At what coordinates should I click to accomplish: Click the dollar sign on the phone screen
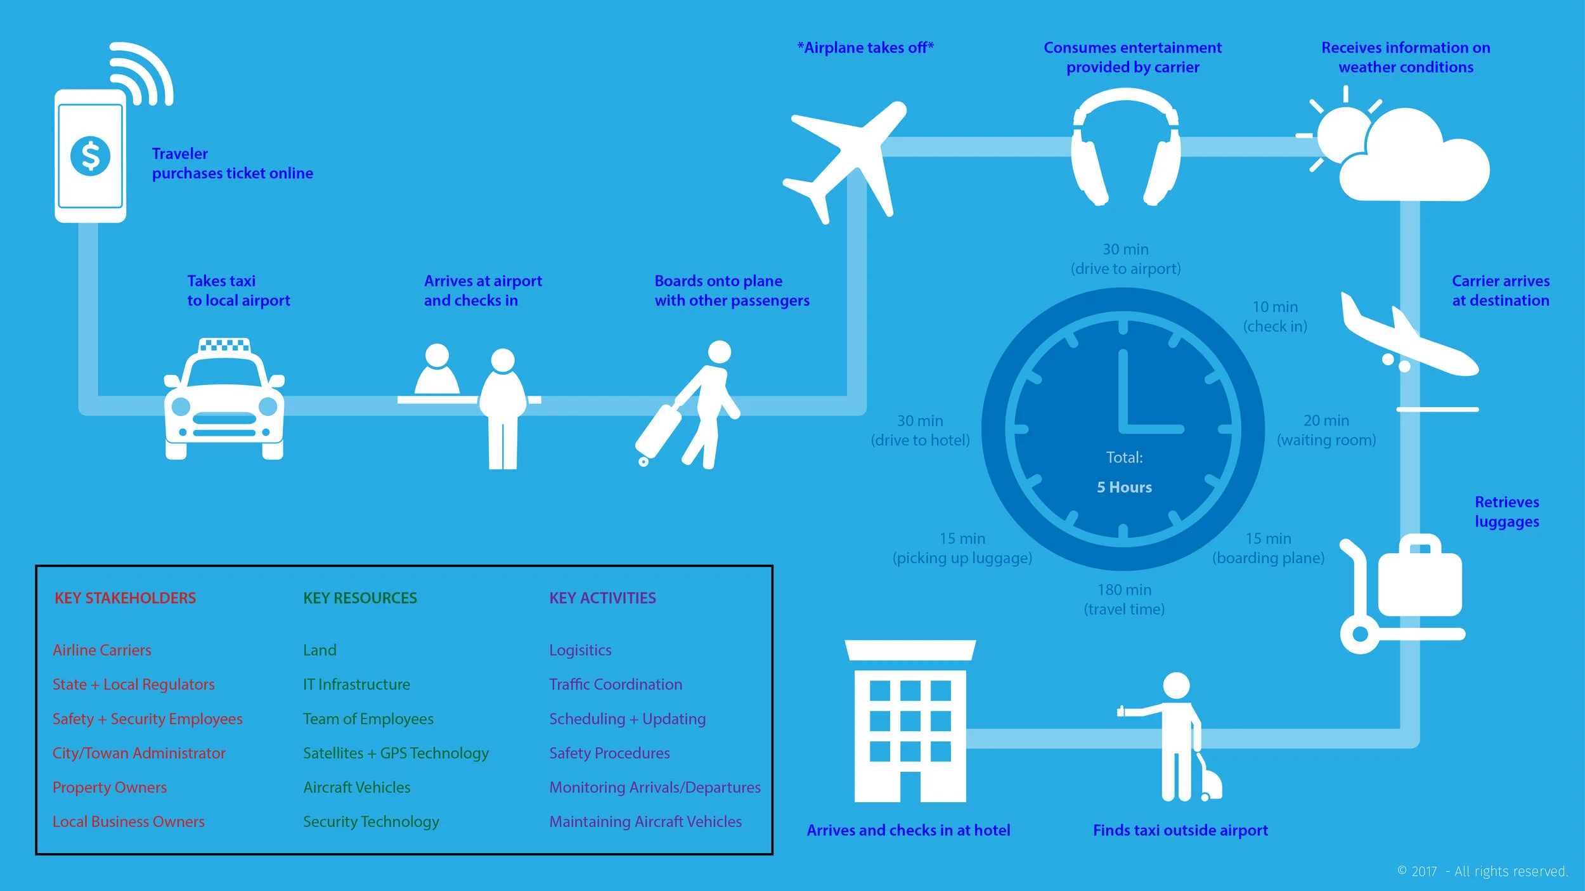(x=91, y=156)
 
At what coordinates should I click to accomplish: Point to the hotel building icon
(x=910, y=723)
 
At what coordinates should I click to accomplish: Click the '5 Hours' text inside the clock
(x=1124, y=487)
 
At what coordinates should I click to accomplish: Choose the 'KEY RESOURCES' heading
(x=359, y=598)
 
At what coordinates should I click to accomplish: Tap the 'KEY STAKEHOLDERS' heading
(x=125, y=598)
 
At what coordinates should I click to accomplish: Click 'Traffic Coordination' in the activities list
(x=615, y=684)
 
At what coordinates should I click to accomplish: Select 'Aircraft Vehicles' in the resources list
(x=356, y=787)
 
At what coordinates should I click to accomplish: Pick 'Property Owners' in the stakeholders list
(x=109, y=787)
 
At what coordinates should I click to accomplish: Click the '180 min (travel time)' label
(x=1124, y=599)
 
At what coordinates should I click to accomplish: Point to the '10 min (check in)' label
(x=1275, y=316)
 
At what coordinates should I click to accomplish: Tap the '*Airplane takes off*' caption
(x=865, y=48)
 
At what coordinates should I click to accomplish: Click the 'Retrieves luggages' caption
(x=1506, y=512)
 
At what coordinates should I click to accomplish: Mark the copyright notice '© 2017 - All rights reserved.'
(x=1482, y=871)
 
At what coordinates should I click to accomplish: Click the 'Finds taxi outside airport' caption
(x=1180, y=830)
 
